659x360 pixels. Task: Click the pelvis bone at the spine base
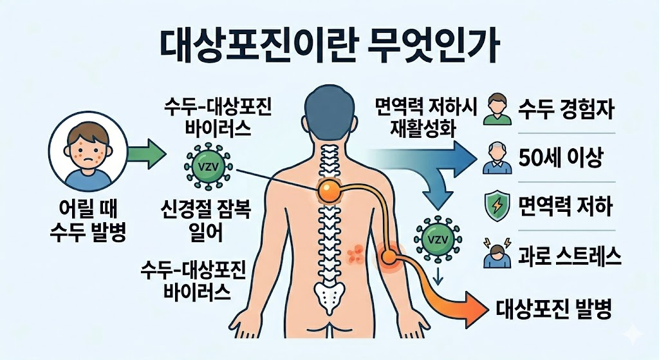point(330,298)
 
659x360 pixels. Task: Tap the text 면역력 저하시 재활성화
point(425,116)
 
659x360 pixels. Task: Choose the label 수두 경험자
point(565,110)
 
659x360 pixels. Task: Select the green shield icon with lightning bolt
point(496,207)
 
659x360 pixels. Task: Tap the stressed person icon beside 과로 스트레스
point(496,256)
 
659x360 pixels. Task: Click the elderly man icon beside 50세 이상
point(496,158)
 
